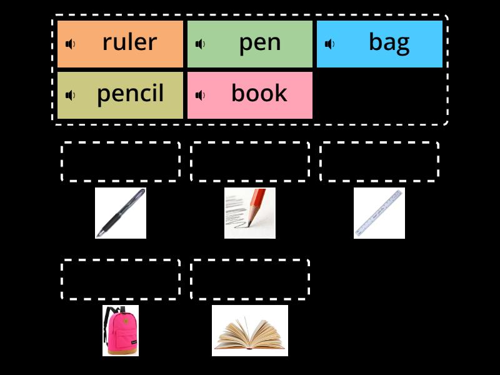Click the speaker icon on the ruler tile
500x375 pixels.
point(71,44)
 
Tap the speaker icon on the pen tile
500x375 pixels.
point(200,44)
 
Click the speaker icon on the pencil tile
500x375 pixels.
point(71,95)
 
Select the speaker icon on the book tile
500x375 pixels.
point(200,95)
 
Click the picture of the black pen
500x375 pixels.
point(121,213)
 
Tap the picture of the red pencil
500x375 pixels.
point(250,213)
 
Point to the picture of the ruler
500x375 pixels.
point(379,213)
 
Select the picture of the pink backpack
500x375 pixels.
point(121,331)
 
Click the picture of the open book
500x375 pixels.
point(250,331)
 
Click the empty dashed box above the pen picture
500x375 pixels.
point(121,162)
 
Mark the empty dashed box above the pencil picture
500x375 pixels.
point(250,162)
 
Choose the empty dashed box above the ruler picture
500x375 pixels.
point(379,162)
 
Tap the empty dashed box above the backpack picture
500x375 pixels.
point(121,279)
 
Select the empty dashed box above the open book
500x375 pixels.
point(250,279)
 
